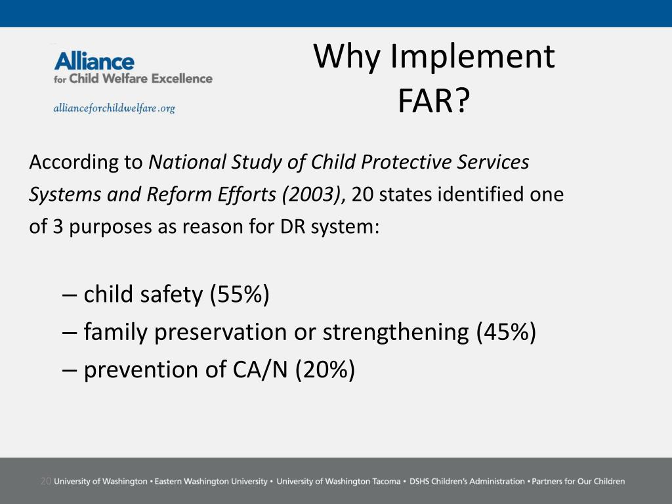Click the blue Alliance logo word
coord(94,61)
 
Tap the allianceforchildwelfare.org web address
coord(114,108)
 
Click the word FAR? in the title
coord(434,101)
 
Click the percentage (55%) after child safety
coord(240,295)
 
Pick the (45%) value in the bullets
coord(506,331)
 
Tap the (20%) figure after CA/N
coord(325,369)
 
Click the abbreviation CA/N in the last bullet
coord(260,369)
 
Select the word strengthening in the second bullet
coord(396,332)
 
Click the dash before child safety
coord(70,295)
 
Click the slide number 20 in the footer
coord(45,481)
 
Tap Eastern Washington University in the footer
coord(211,481)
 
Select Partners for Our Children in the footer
coord(578,481)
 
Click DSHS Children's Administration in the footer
coord(467,481)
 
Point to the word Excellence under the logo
coord(182,79)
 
